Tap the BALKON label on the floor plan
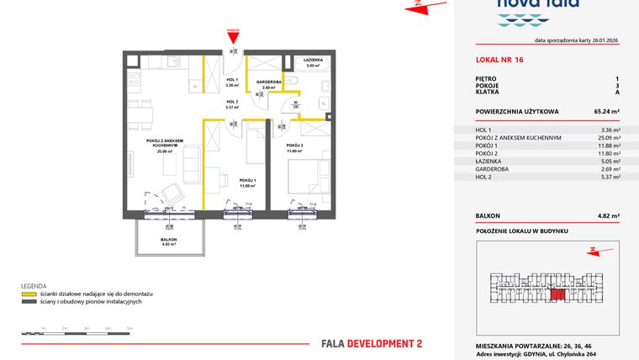169,240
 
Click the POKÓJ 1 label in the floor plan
247,180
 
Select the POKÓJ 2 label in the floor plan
293,146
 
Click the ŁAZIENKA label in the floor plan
314,61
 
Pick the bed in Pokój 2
306,177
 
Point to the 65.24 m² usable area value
606,110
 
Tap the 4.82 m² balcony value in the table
608,216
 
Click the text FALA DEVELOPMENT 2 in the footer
372,343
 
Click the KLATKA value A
617,92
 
